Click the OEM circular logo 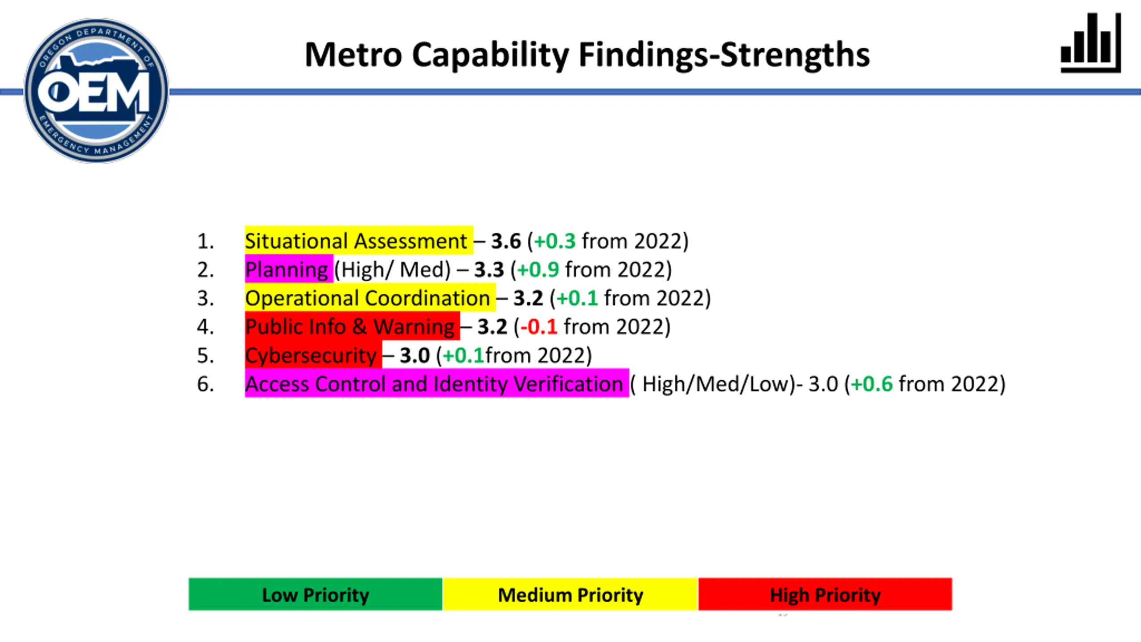(96, 91)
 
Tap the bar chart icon (1091, 42)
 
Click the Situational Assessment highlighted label (359, 241)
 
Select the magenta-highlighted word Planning (289, 269)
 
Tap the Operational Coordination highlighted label (370, 298)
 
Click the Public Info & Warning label (352, 326)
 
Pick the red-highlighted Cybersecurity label (313, 355)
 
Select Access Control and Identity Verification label (437, 383)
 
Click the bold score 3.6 (506, 241)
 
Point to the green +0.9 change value (538, 270)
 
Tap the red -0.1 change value (539, 327)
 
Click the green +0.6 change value (872, 384)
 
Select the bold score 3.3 (489, 270)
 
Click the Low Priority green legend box (316, 594)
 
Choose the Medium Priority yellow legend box (570, 594)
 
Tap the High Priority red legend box (825, 594)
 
